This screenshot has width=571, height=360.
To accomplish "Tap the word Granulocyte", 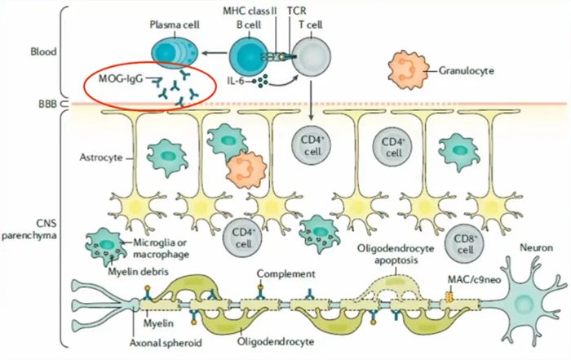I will (467, 70).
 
